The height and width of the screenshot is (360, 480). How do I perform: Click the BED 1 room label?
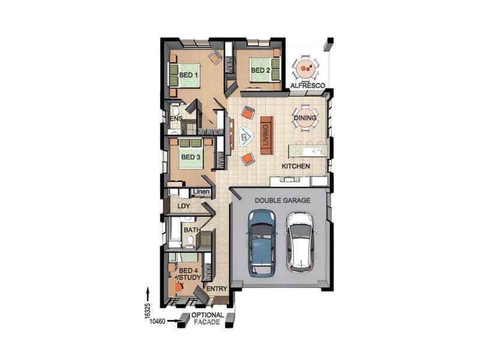tap(188, 75)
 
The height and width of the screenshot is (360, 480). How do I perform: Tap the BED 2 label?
tap(260, 70)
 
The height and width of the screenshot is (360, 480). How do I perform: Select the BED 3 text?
tap(191, 157)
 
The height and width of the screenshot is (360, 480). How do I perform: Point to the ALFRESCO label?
tap(307, 85)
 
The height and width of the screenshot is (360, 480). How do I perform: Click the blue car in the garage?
tap(261, 243)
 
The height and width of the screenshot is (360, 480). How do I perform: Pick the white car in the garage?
tap(300, 242)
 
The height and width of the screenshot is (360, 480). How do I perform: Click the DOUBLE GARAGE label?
tap(283, 200)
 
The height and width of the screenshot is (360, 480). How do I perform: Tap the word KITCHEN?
tap(296, 166)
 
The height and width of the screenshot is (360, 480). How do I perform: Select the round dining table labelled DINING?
tap(305, 118)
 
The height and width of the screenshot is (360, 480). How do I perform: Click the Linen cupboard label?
tap(202, 192)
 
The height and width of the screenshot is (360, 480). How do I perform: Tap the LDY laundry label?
tap(184, 206)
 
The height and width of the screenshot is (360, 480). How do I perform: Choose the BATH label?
tap(192, 230)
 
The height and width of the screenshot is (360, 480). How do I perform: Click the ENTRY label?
tap(217, 289)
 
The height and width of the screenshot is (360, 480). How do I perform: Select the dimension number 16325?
tap(148, 310)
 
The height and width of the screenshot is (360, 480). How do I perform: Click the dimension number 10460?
tap(158, 322)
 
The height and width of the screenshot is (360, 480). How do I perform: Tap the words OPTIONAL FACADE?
tap(207, 319)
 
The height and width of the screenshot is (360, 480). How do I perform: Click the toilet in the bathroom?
tap(190, 241)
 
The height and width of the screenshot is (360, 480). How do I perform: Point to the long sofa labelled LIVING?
tap(266, 136)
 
